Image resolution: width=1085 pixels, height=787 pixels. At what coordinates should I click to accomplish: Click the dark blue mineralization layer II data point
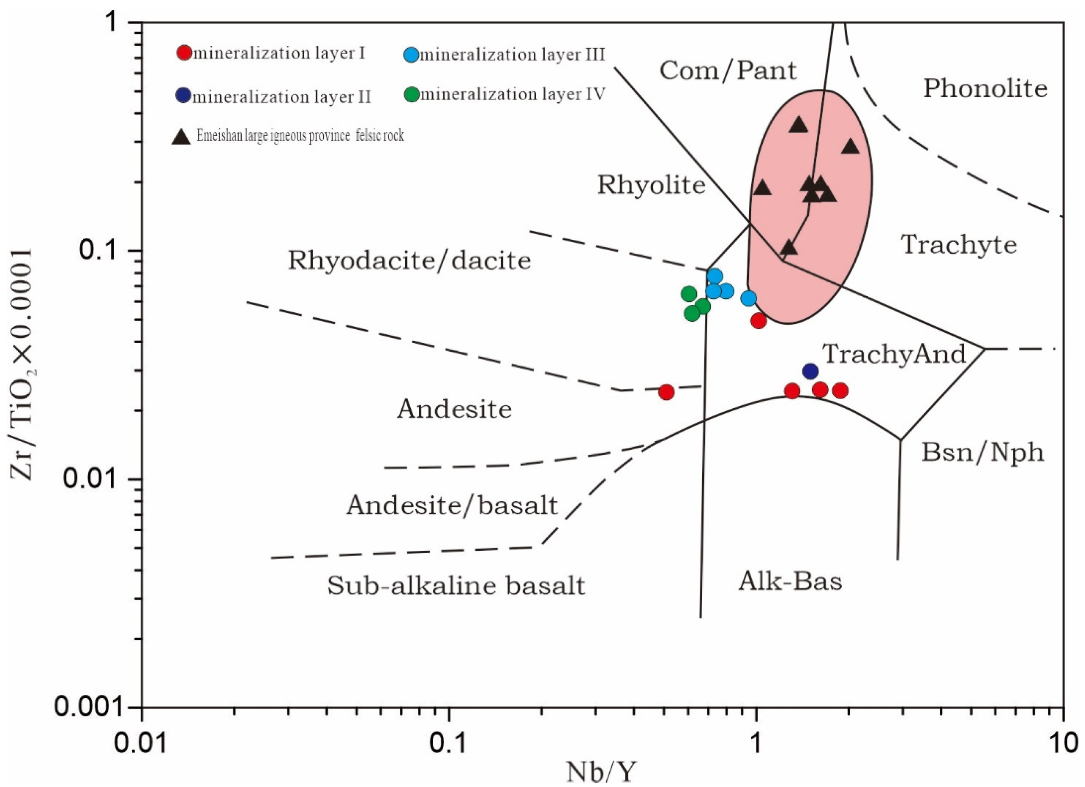(x=810, y=371)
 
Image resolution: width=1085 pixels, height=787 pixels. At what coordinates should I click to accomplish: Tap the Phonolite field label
(x=985, y=89)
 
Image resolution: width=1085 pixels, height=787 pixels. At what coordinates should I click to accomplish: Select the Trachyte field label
(x=959, y=244)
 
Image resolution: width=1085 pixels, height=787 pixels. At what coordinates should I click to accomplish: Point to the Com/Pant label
(x=728, y=71)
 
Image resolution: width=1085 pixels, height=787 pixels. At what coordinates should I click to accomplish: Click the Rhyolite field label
(x=652, y=185)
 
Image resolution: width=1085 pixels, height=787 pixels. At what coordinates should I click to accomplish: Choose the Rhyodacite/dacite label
(x=409, y=260)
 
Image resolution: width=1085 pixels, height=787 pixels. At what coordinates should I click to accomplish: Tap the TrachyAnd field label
(x=894, y=354)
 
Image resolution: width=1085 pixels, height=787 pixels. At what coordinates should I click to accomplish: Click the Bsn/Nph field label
(x=983, y=452)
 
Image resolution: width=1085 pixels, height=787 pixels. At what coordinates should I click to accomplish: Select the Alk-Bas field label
(x=790, y=582)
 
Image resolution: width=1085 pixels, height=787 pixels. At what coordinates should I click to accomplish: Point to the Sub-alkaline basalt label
(x=456, y=586)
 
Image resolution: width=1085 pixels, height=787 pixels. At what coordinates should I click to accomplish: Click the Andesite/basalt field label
(x=452, y=505)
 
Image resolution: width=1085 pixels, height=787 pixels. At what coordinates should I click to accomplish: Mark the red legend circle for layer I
(x=184, y=52)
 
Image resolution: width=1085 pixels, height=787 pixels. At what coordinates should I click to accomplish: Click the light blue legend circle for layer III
(x=412, y=55)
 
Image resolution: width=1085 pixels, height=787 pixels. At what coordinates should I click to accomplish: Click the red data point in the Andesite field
(x=666, y=392)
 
